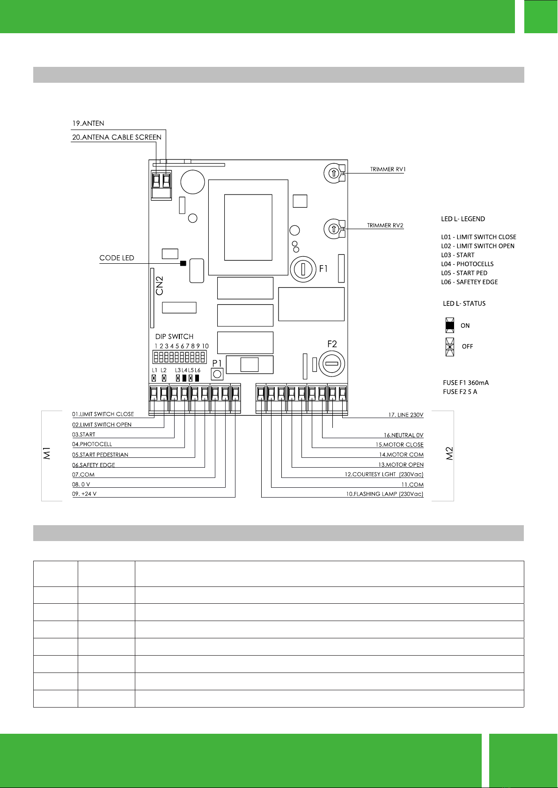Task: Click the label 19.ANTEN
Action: [88, 123]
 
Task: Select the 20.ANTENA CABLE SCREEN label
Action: [117, 137]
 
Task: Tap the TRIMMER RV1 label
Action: [388, 169]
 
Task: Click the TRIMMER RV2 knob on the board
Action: [333, 229]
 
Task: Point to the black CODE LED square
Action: [183, 263]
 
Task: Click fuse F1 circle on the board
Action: [303, 269]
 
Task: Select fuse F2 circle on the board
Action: [331, 364]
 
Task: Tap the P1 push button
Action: [217, 374]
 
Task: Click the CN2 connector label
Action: [160, 286]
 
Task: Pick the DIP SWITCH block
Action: [180, 357]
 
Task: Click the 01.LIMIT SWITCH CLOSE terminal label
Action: [103, 414]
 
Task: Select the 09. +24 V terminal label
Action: [84, 494]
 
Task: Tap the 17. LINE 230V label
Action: [406, 415]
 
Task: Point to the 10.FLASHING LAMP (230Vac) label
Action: [385, 494]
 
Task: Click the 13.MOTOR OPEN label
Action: [401, 465]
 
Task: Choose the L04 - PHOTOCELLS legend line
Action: [467, 264]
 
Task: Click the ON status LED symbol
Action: [449, 325]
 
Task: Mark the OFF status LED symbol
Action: [449, 347]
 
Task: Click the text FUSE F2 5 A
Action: [460, 392]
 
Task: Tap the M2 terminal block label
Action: [449, 454]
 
